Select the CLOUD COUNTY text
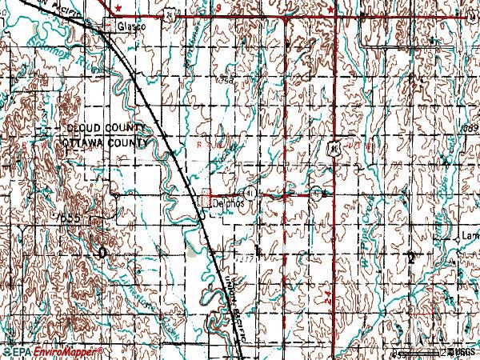pos(105,129)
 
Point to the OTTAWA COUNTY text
pos(105,142)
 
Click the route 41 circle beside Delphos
pos(250,193)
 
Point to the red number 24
pos(329,297)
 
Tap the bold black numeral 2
pos(411,257)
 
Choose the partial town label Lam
pos(470,237)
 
